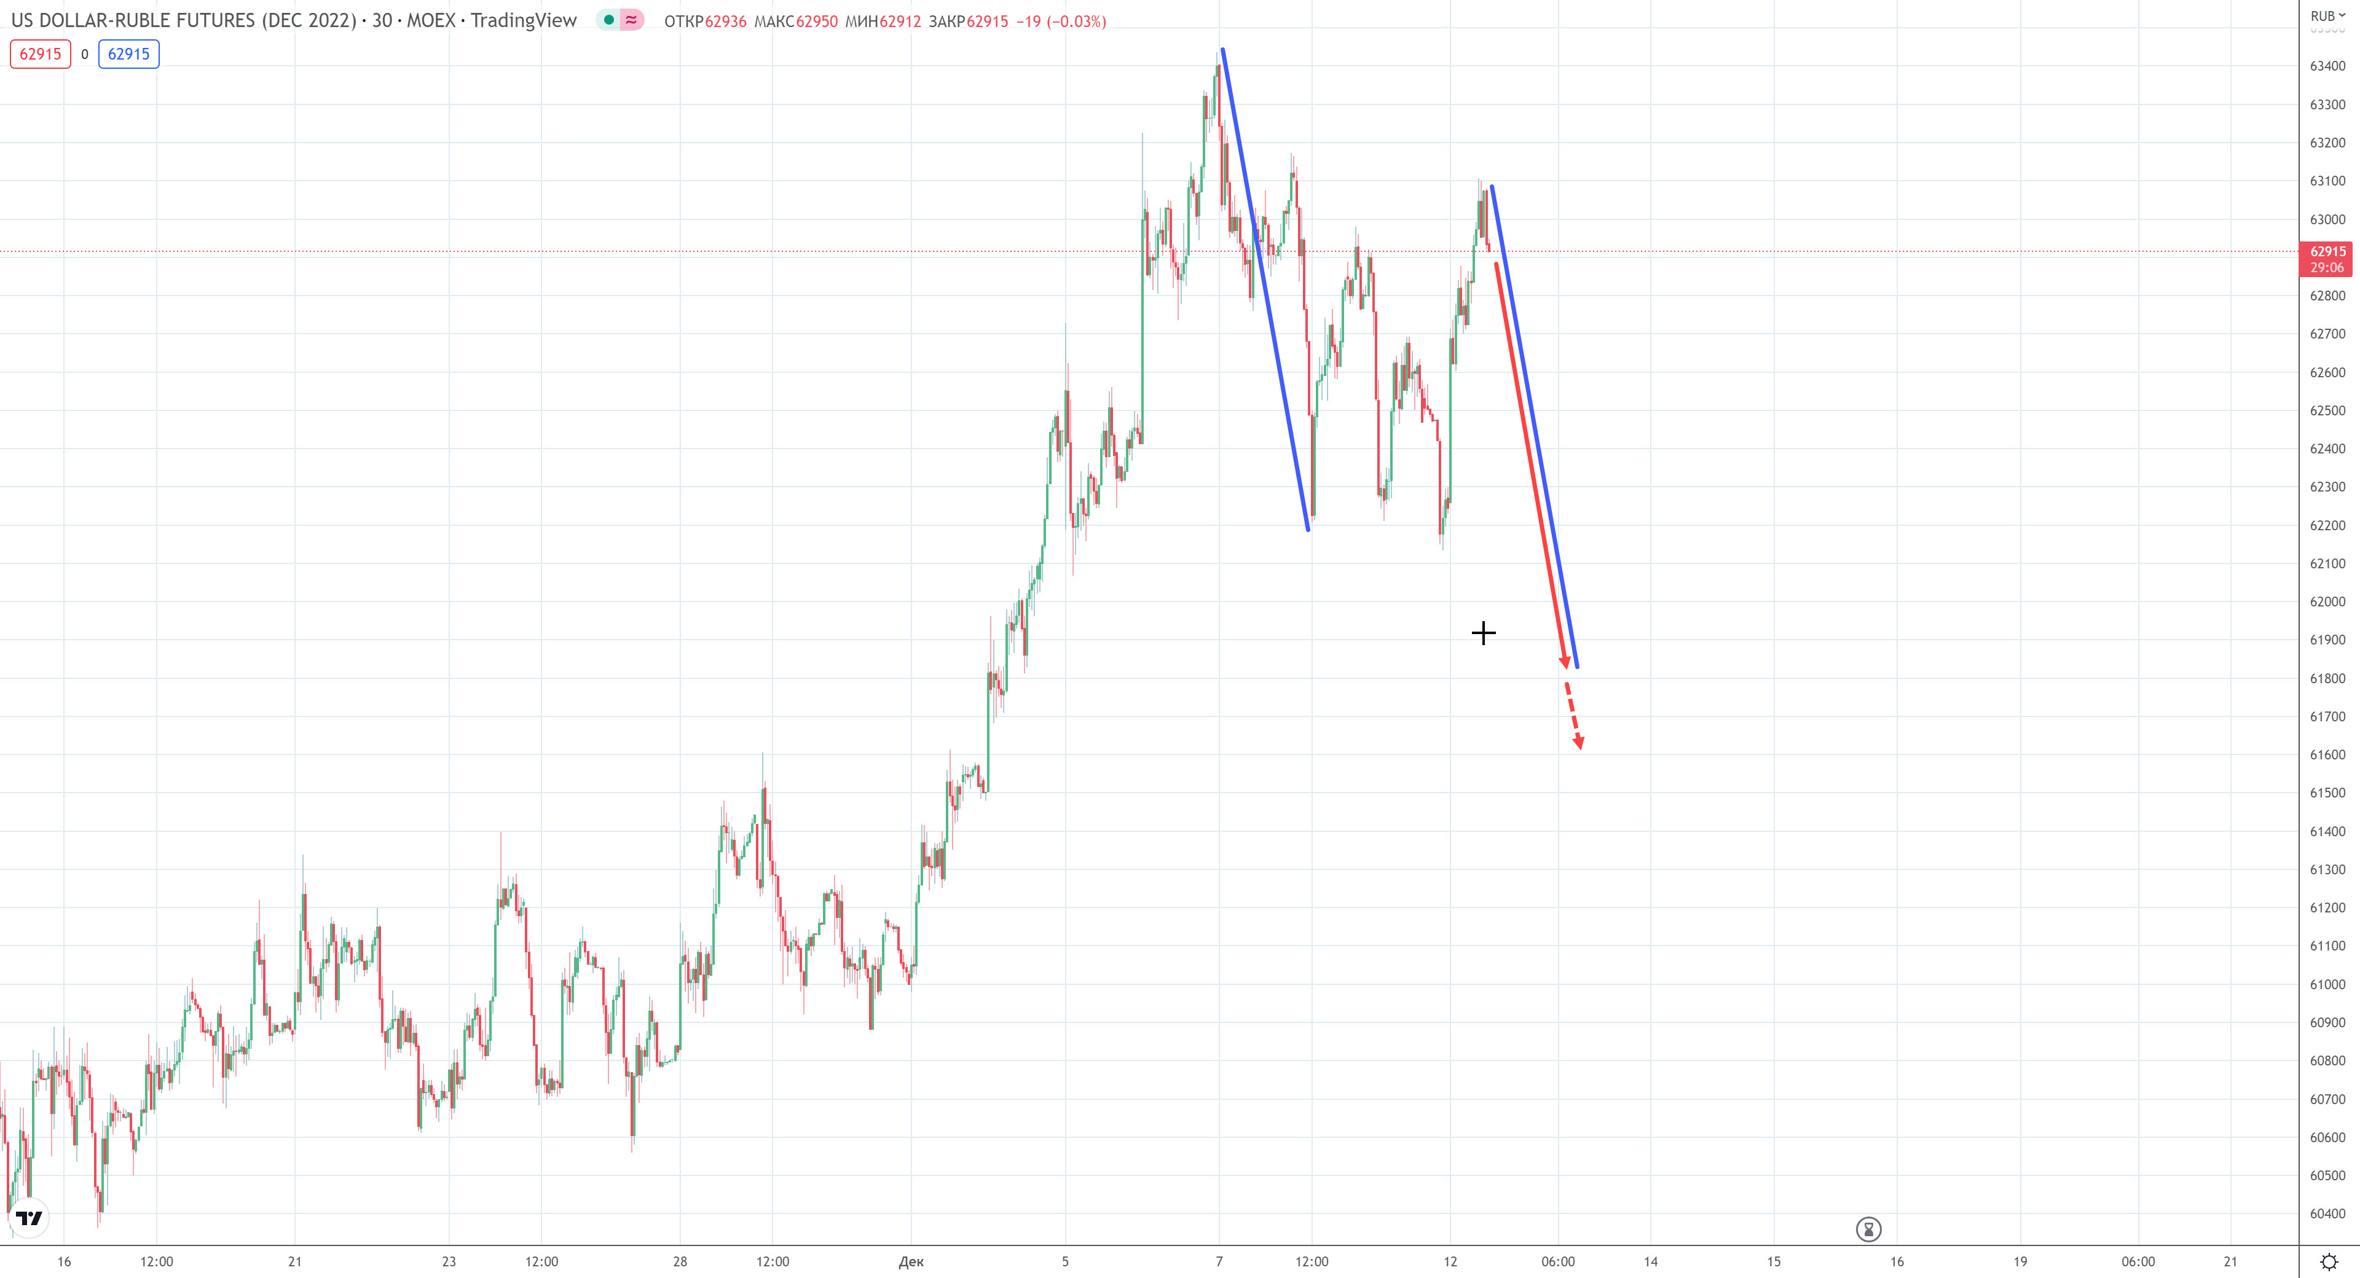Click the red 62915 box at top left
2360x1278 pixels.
pyautogui.click(x=41, y=54)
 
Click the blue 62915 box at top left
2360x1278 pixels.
pyautogui.click(x=128, y=54)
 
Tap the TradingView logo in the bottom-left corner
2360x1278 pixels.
pyautogui.click(x=29, y=1218)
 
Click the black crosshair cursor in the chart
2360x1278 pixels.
pyautogui.click(x=1483, y=633)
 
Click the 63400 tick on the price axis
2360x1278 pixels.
pyautogui.click(x=2327, y=66)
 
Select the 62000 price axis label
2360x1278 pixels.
pyautogui.click(x=2327, y=602)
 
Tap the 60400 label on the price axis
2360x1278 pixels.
pyautogui.click(x=2327, y=1214)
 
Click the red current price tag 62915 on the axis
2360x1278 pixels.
pyautogui.click(x=2327, y=258)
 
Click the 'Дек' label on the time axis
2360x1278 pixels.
pyautogui.click(x=911, y=1261)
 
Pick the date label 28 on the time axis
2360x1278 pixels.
pyautogui.click(x=680, y=1261)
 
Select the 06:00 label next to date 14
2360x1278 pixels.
pyautogui.click(x=1557, y=1261)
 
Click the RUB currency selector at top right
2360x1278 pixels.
pyautogui.click(x=2327, y=15)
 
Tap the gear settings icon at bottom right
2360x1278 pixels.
pyautogui.click(x=2329, y=1261)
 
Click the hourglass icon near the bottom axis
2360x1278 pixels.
pyautogui.click(x=1868, y=1228)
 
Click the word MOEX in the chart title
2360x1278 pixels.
pyautogui.click(x=431, y=20)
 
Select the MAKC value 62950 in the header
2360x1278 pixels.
pyautogui.click(x=816, y=21)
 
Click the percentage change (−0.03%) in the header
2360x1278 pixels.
pyautogui.click(x=1077, y=21)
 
